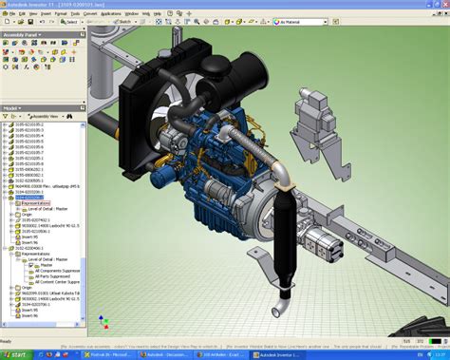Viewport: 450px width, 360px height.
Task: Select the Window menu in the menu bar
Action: [x=131, y=14]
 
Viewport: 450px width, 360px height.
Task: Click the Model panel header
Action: [x=11, y=107]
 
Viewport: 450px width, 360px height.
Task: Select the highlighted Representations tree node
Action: [x=36, y=202]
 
